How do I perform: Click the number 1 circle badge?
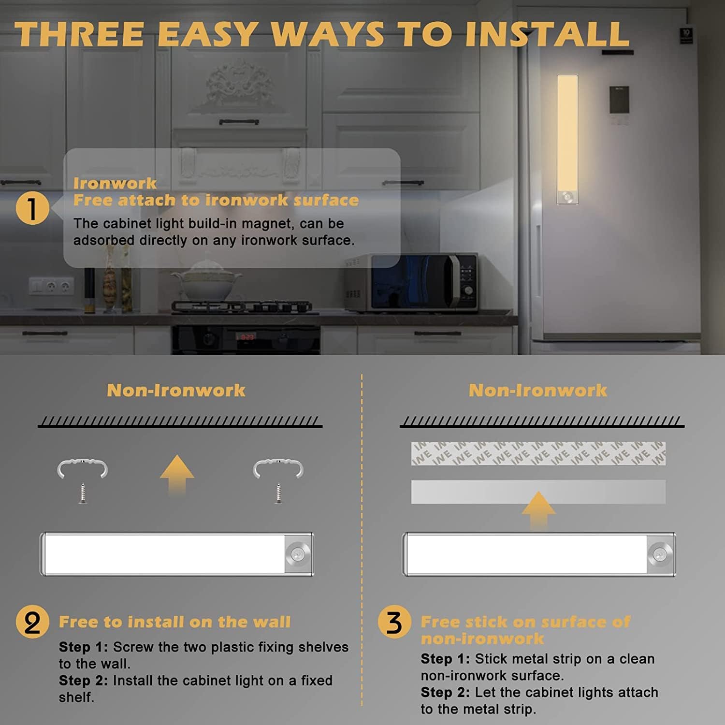32,208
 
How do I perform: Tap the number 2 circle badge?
32,622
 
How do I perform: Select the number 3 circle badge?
394,622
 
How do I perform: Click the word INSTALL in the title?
548,34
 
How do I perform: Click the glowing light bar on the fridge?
567,139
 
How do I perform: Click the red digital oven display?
247,336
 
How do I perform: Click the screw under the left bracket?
83,493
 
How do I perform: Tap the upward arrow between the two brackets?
177,475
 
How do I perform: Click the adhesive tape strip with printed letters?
538,453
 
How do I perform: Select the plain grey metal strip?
538,492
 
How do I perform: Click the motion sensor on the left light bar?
298,554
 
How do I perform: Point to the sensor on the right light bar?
660,554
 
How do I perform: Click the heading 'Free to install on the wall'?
174,622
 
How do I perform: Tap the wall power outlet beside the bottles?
52,286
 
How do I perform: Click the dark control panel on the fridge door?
619,101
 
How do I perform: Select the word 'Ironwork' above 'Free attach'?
115,183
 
